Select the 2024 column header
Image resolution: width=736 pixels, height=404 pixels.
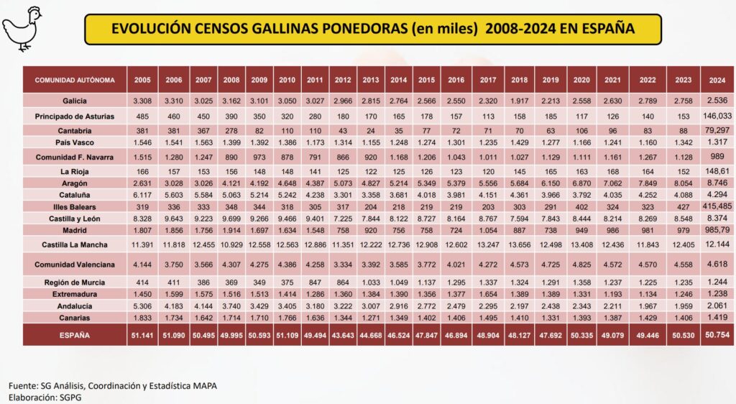pos(716,80)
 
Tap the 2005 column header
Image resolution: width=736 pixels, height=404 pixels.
pos(142,80)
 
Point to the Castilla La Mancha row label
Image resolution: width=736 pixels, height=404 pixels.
pos(74,246)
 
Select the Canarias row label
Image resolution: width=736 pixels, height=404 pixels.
pos(74,317)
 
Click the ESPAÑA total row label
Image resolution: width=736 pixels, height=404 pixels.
pos(74,335)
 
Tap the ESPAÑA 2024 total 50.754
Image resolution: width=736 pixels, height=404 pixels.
pos(716,334)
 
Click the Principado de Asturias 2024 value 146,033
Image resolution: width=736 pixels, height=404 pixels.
pos(716,115)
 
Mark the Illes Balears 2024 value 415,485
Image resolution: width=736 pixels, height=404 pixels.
pos(716,206)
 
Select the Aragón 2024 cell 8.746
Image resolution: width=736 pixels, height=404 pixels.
pos(716,183)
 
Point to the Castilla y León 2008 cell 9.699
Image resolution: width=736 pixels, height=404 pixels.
pos(233,218)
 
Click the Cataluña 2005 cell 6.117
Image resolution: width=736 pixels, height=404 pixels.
pos(142,195)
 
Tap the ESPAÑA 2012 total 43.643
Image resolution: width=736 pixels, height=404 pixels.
pos(343,335)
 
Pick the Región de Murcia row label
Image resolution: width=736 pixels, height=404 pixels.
pos(74,282)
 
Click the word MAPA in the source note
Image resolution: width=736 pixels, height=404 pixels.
pos(202,386)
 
